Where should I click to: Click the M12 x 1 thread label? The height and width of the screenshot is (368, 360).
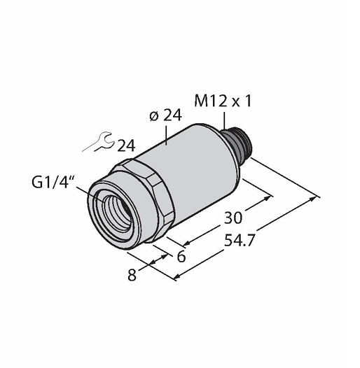[x=223, y=101]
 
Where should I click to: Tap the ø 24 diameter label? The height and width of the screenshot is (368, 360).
[x=166, y=115]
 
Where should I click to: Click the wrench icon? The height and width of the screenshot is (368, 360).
[x=98, y=142]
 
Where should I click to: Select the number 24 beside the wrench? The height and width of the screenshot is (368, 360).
[x=127, y=146]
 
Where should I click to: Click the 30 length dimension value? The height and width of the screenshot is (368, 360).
[x=233, y=218]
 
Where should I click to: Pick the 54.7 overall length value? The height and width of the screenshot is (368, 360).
[x=240, y=241]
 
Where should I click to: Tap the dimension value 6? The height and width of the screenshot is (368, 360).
[x=181, y=256]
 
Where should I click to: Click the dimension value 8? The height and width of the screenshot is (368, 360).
[x=132, y=275]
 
